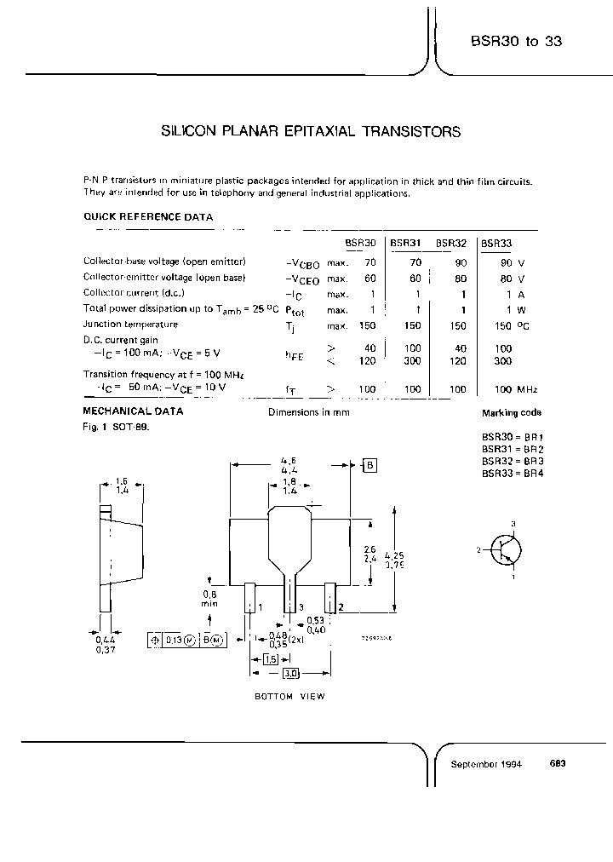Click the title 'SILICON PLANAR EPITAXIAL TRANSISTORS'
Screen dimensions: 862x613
click(x=311, y=132)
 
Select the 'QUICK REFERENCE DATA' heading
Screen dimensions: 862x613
click(x=147, y=217)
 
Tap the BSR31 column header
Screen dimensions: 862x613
click(x=405, y=243)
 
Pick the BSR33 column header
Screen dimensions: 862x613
click(x=497, y=243)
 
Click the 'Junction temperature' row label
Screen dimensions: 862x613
click(x=130, y=325)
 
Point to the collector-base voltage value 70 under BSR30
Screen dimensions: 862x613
click(x=370, y=261)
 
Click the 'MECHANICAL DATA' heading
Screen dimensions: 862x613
click(x=133, y=411)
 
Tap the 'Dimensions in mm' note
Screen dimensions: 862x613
click(x=308, y=412)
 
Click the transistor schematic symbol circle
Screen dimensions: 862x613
click(x=509, y=549)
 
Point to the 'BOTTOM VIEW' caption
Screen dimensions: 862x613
click(x=290, y=696)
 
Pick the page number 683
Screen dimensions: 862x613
click(x=558, y=763)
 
